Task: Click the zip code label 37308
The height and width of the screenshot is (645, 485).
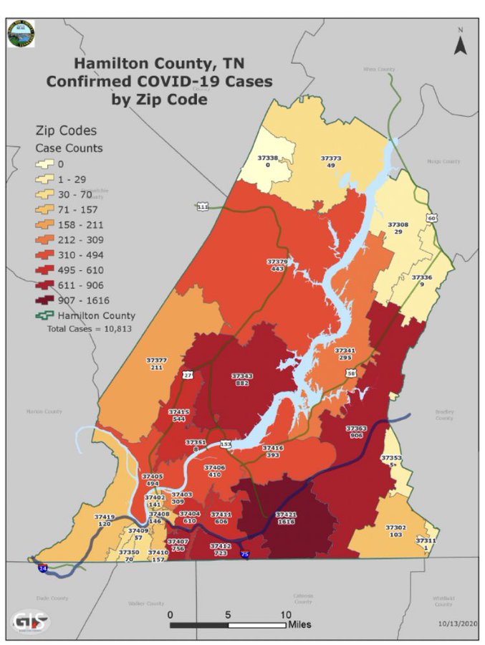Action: point(398,224)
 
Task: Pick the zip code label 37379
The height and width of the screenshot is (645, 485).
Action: point(277,262)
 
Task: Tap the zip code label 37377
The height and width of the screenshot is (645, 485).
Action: point(156,360)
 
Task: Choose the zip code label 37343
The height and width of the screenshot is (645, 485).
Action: point(241,376)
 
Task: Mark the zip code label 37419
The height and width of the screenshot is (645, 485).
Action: point(105,516)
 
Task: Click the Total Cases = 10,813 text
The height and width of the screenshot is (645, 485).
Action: point(89,328)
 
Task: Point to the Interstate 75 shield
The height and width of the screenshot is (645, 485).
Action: point(245,555)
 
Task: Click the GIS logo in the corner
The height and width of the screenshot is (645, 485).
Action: point(31,621)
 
